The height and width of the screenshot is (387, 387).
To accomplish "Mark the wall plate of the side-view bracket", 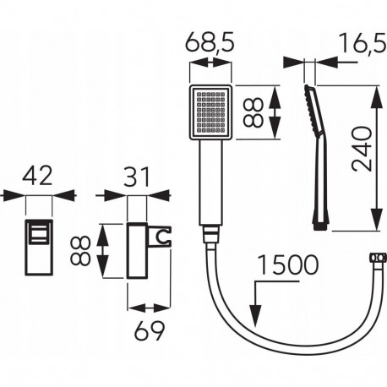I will [x=136, y=249].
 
